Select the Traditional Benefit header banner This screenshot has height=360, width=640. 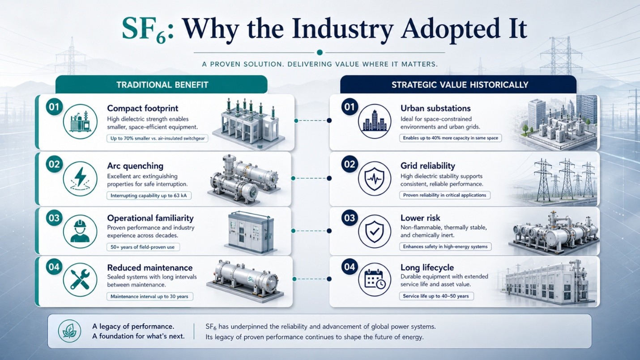162,85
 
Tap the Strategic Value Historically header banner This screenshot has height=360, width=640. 458,85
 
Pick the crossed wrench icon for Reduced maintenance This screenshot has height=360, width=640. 80,280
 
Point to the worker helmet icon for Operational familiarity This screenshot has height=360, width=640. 80,231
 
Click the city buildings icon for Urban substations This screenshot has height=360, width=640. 375,121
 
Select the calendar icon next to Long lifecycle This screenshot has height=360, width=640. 375,280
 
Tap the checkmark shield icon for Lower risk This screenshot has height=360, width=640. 375,231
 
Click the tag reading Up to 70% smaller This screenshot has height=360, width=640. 158,139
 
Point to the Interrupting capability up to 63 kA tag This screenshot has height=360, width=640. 149,195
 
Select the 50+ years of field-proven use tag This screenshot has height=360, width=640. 143,247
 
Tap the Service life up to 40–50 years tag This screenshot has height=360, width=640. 436,296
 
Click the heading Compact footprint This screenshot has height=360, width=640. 143,108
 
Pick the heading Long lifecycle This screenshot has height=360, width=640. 427,267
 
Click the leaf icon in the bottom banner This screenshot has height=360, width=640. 69,331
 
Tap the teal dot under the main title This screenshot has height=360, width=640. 320,52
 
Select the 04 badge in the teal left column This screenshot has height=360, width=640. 54,267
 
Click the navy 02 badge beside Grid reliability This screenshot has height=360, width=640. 350,164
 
